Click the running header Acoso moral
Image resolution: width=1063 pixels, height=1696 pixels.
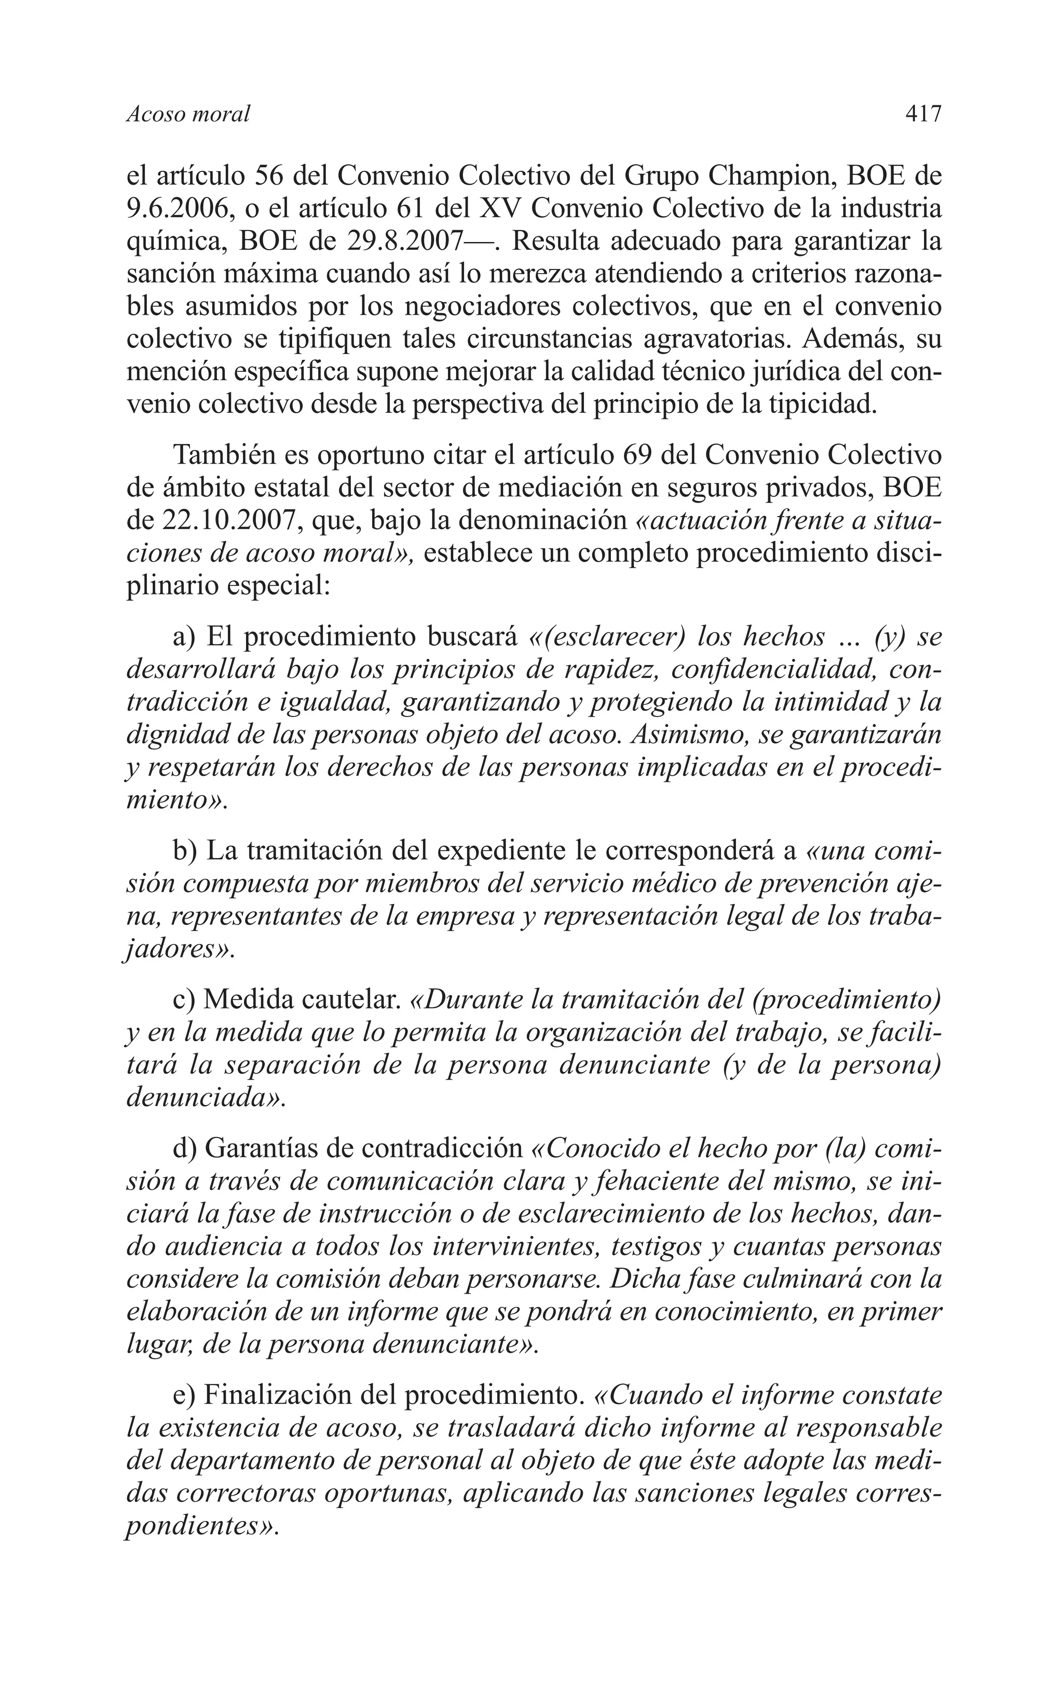click(188, 115)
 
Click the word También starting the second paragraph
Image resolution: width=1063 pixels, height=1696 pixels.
click(224, 455)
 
